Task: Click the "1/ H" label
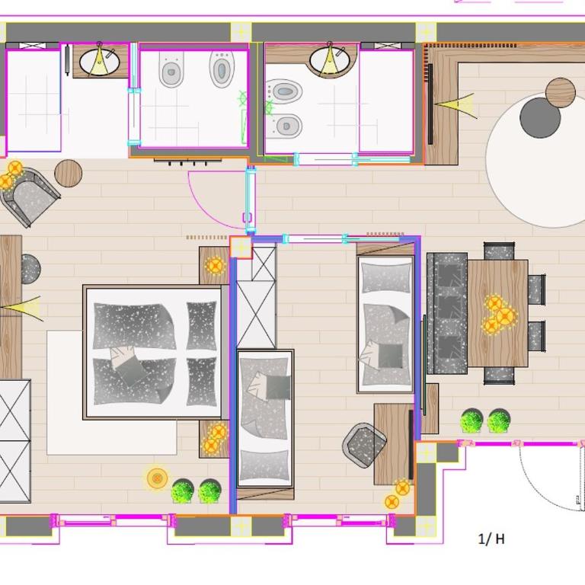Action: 491,539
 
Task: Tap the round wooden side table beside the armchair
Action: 69,173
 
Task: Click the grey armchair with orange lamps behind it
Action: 29,197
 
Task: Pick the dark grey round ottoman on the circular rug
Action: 540,118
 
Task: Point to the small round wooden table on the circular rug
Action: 561,93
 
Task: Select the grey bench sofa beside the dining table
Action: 447,313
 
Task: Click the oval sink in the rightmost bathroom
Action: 330,59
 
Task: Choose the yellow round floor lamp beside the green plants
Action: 157,478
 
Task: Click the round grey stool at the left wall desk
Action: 30,269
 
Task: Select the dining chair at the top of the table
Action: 499,251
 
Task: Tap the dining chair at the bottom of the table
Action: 499,376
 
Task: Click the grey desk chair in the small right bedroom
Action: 364,445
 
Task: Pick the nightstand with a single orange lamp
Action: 214,265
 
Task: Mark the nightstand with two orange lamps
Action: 214,439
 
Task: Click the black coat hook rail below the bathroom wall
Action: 187,161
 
